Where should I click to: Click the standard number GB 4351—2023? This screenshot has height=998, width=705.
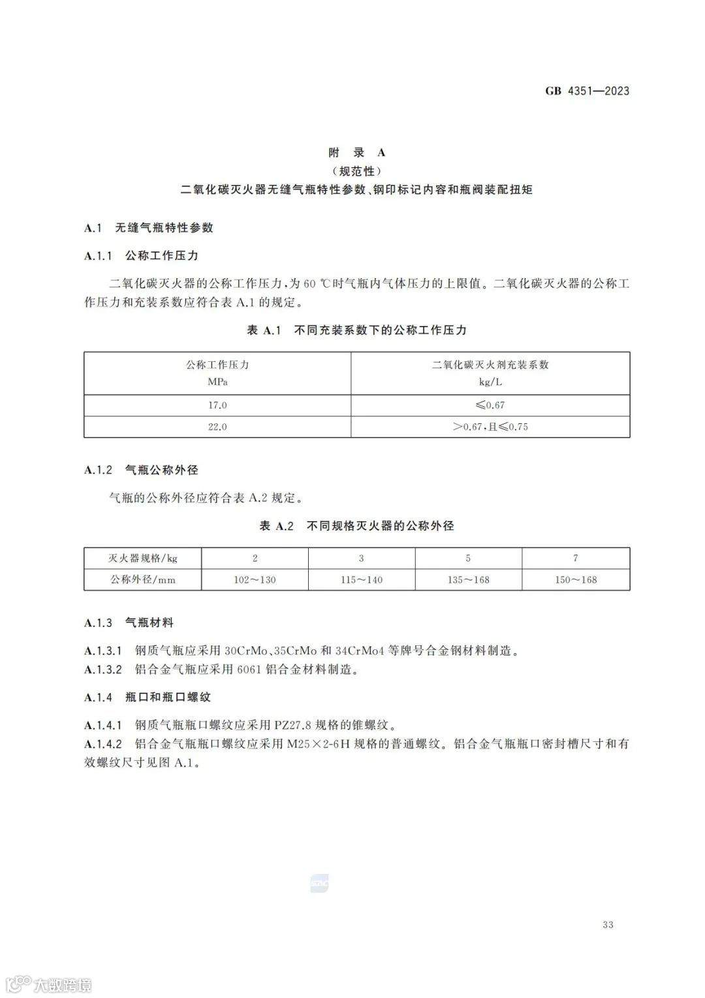pyautogui.click(x=587, y=91)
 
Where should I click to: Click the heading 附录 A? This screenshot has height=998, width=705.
pyautogui.click(x=356, y=152)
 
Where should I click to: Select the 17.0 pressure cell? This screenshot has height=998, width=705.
pyautogui.click(x=217, y=405)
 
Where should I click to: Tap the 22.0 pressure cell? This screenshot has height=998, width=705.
pyautogui.click(x=217, y=427)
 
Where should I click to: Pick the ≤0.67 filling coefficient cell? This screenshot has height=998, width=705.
pyautogui.click(x=490, y=405)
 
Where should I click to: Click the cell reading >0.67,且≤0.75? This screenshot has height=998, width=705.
pyautogui.click(x=490, y=427)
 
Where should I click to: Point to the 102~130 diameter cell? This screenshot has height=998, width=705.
pyautogui.click(x=255, y=579)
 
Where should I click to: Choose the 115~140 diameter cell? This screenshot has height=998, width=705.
pyautogui.click(x=361, y=579)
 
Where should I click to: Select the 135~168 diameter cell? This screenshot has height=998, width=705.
pyautogui.click(x=468, y=579)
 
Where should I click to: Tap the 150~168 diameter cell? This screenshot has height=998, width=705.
pyautogui.click(x=575, y=579)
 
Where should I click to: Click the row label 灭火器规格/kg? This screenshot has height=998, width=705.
pyautogui.click(x=142, y=558)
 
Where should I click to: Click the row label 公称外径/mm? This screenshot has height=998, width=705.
pyautogui.click(x=142, y=579)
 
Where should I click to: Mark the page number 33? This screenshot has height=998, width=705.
pyautogui.click(x=608, y=924)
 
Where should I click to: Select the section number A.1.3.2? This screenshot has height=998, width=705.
pyautogui.click(x=103, y=669)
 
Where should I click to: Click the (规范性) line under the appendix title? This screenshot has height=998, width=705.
pyautogui.click(x=356, y=171)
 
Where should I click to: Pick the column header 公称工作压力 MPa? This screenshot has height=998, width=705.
pyautogui.click(x=217, y=373)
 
